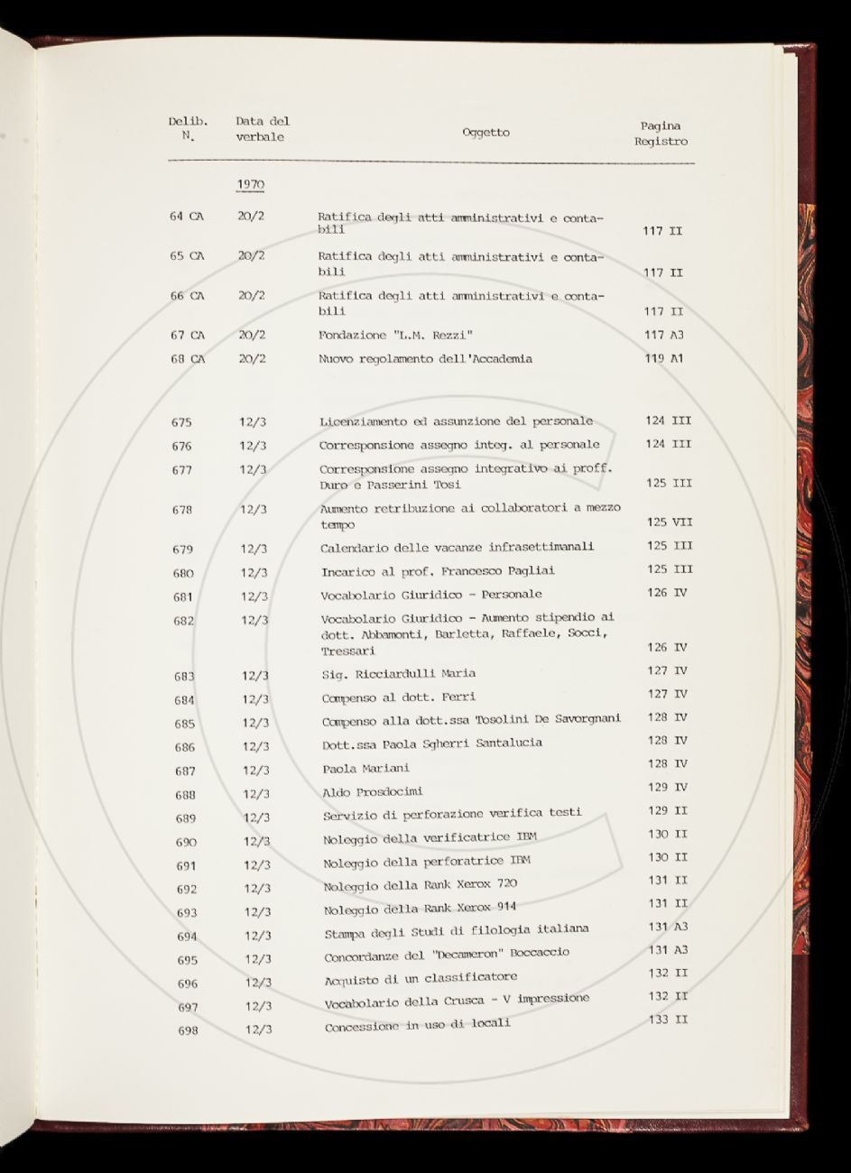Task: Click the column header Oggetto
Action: click(x=486, y=133)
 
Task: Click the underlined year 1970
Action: click(x=251, y=184)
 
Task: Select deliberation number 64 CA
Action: click(x=187, y=217)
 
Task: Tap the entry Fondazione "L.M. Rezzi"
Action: click(x=396, y=335)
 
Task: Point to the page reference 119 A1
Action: click(x=663, y=358)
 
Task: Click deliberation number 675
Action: click(x=181, y=421)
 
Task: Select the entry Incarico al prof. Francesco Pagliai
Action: click(x=438, y=571)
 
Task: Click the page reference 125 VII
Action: click(x=670, y=522)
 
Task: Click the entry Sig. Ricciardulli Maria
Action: click(x=398, y=673)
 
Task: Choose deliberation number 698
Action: click(x=188, y=1030)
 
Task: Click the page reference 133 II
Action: click(x=669, y=1019)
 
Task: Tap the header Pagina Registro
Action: click(x=661, y=134)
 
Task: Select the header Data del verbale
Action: click(x=262, y=129)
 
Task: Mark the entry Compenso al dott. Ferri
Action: click(x=398, y=697)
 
